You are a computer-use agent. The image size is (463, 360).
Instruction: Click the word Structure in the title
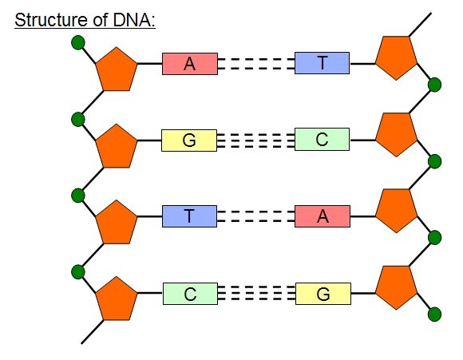point(49,19)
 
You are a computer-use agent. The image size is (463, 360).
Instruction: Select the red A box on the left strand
point(189,64)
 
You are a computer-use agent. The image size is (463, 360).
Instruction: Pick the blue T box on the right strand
point(322,63)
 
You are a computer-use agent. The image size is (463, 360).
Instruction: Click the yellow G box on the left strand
point(189,140)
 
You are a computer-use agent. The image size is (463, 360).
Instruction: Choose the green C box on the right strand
point(322,140)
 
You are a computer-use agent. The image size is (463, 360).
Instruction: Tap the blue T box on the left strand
point(189,216)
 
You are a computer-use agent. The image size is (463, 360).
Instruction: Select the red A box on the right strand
point(323,216)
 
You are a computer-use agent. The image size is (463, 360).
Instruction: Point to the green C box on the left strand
point(190,294)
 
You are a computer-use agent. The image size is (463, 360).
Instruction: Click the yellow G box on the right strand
point(323,294)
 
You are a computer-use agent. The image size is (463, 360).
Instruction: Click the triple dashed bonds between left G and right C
point(255,140)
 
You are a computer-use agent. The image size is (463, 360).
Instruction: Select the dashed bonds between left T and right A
point(255,216)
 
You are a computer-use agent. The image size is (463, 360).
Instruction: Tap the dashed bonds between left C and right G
point(255,294)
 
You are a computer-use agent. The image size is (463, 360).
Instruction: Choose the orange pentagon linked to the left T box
point(117,224)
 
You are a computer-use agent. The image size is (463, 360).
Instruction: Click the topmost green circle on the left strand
point(77,42)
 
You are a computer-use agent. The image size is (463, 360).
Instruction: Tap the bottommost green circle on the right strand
point(435,314)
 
